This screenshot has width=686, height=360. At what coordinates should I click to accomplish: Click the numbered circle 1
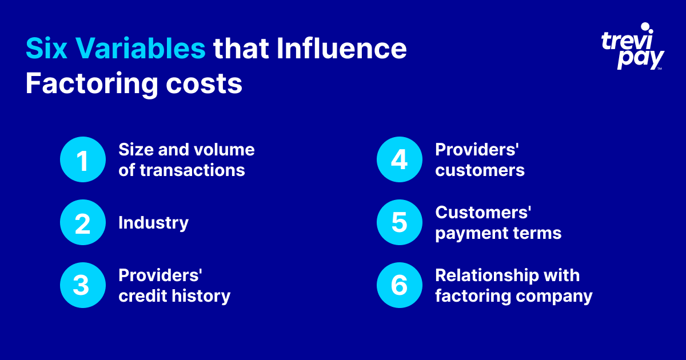coord(83,160)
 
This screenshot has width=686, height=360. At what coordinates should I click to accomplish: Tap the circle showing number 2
coord(83,223)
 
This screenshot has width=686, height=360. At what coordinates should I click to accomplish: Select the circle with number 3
coord(83,285)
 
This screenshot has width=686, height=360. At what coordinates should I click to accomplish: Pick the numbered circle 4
coord(399,160)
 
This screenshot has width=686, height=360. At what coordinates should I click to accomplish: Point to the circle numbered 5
coord(399,223)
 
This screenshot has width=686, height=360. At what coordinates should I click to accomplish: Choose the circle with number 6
coord(399,285)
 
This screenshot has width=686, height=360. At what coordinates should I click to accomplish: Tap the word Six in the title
coord(45,49)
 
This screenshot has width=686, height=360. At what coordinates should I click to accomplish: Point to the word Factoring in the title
coord(83,85)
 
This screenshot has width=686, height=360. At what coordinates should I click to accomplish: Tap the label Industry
coord(153,222)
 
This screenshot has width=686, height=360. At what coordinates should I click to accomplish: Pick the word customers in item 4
coord(480,170)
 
